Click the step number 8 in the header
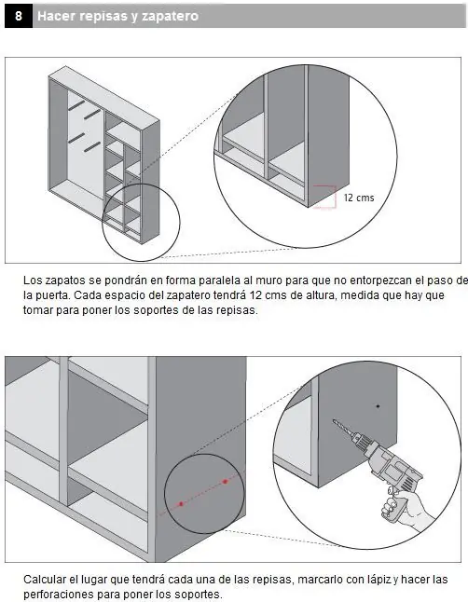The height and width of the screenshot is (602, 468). (x=19, y=16)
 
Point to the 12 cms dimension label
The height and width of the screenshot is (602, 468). (x=359, y=198)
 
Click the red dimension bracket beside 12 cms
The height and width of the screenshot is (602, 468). (x=336, y=197)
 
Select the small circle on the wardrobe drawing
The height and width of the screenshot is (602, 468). (x=141, y=223)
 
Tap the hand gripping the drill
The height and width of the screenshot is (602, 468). (x=404, y=506)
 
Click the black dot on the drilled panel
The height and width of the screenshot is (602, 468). (x=379, y=405)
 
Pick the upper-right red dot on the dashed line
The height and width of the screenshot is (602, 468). (x=226, y=481)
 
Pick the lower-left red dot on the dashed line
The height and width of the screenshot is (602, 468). (x=181, y=504)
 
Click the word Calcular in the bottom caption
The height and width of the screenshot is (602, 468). (x=45, y=579)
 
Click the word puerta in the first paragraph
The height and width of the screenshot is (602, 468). (x=52, y=296)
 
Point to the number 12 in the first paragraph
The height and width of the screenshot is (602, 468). (x=255, y=295)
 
